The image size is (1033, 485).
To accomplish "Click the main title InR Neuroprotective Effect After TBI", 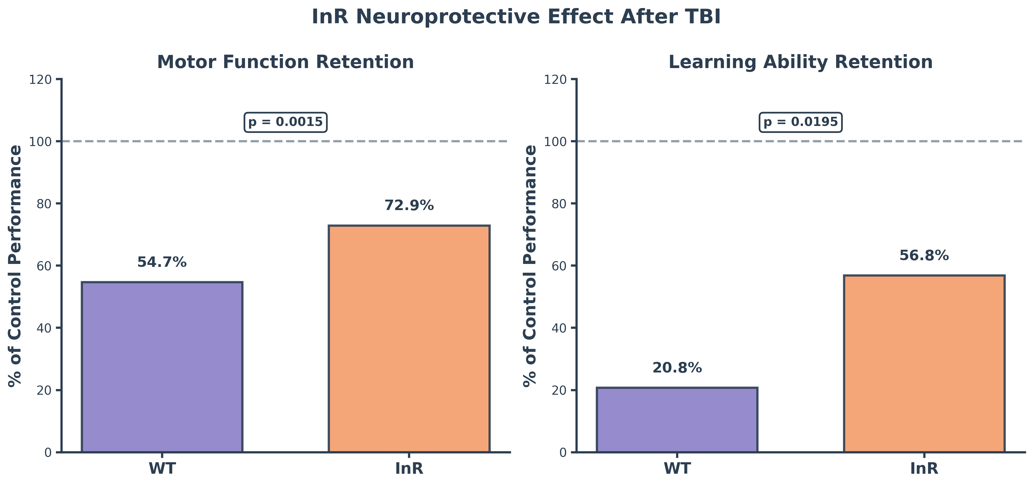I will tap(516, 17).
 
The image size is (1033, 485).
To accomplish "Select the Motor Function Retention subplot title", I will tap(285, 62).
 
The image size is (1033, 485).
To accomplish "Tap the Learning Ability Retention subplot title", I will tap(801, 62).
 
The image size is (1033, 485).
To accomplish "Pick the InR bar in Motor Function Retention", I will tap(409, 339).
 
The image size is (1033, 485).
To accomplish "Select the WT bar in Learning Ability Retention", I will tap(677, 420).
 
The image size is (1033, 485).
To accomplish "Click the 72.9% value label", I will tap(409, 206).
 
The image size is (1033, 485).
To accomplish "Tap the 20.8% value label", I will tap(677, 368).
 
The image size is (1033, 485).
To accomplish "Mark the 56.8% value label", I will tap(924, 256).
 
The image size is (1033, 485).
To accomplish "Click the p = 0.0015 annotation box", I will tap(285, 122).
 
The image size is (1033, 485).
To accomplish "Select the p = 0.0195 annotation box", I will tap(801, 122).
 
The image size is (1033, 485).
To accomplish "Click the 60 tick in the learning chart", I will tap(559, 266).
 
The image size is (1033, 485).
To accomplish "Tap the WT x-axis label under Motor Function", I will tap(162, 469).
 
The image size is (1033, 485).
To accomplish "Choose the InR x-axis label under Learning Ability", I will tap(924, 469).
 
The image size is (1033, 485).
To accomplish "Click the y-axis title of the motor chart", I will tap(15, 266).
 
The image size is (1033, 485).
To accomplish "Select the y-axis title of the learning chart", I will tap(530, 266).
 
